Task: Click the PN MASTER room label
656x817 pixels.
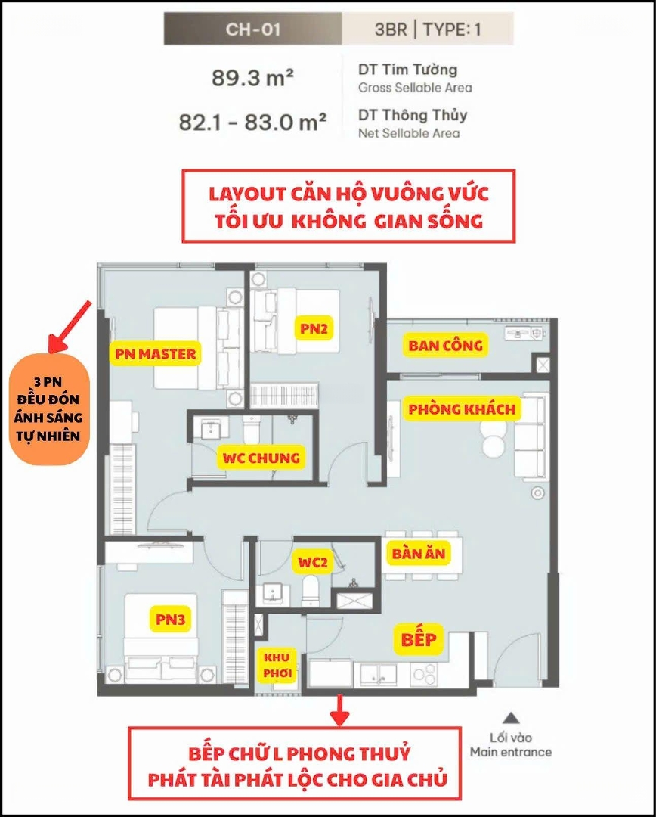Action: (x=155, y=354)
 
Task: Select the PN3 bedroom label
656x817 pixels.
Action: (x=170, y=620)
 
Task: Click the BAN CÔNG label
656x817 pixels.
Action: (x=444, y=346)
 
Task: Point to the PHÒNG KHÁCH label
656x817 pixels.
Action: (x=461, y=408)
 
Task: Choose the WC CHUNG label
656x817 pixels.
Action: (x=261, y=458)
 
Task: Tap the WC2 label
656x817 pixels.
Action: (x=312, y=562)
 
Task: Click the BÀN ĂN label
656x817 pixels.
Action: (x=419, y=553)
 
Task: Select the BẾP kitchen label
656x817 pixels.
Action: (x=418, y=638)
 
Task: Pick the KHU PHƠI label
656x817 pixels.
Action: (x=277, y=665)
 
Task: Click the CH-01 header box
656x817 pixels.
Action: (x=253, y=29)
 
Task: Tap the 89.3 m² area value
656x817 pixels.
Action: (x=252, y=78)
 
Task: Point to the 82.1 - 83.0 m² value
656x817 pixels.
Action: (x=252, y=123)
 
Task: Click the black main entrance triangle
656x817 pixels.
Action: (x=512, y=717)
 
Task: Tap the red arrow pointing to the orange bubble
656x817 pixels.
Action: (x=70, y=325)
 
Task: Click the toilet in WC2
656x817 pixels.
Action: (x=311, y=590)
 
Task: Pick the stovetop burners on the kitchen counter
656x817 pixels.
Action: (x=425, y=674)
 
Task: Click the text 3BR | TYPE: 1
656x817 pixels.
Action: (x=428, y=30)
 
